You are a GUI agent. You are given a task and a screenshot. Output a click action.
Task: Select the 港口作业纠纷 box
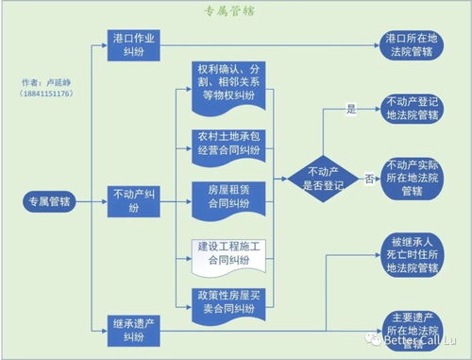(137, 44)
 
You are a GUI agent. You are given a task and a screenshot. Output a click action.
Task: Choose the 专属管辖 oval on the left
(51, 201)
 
